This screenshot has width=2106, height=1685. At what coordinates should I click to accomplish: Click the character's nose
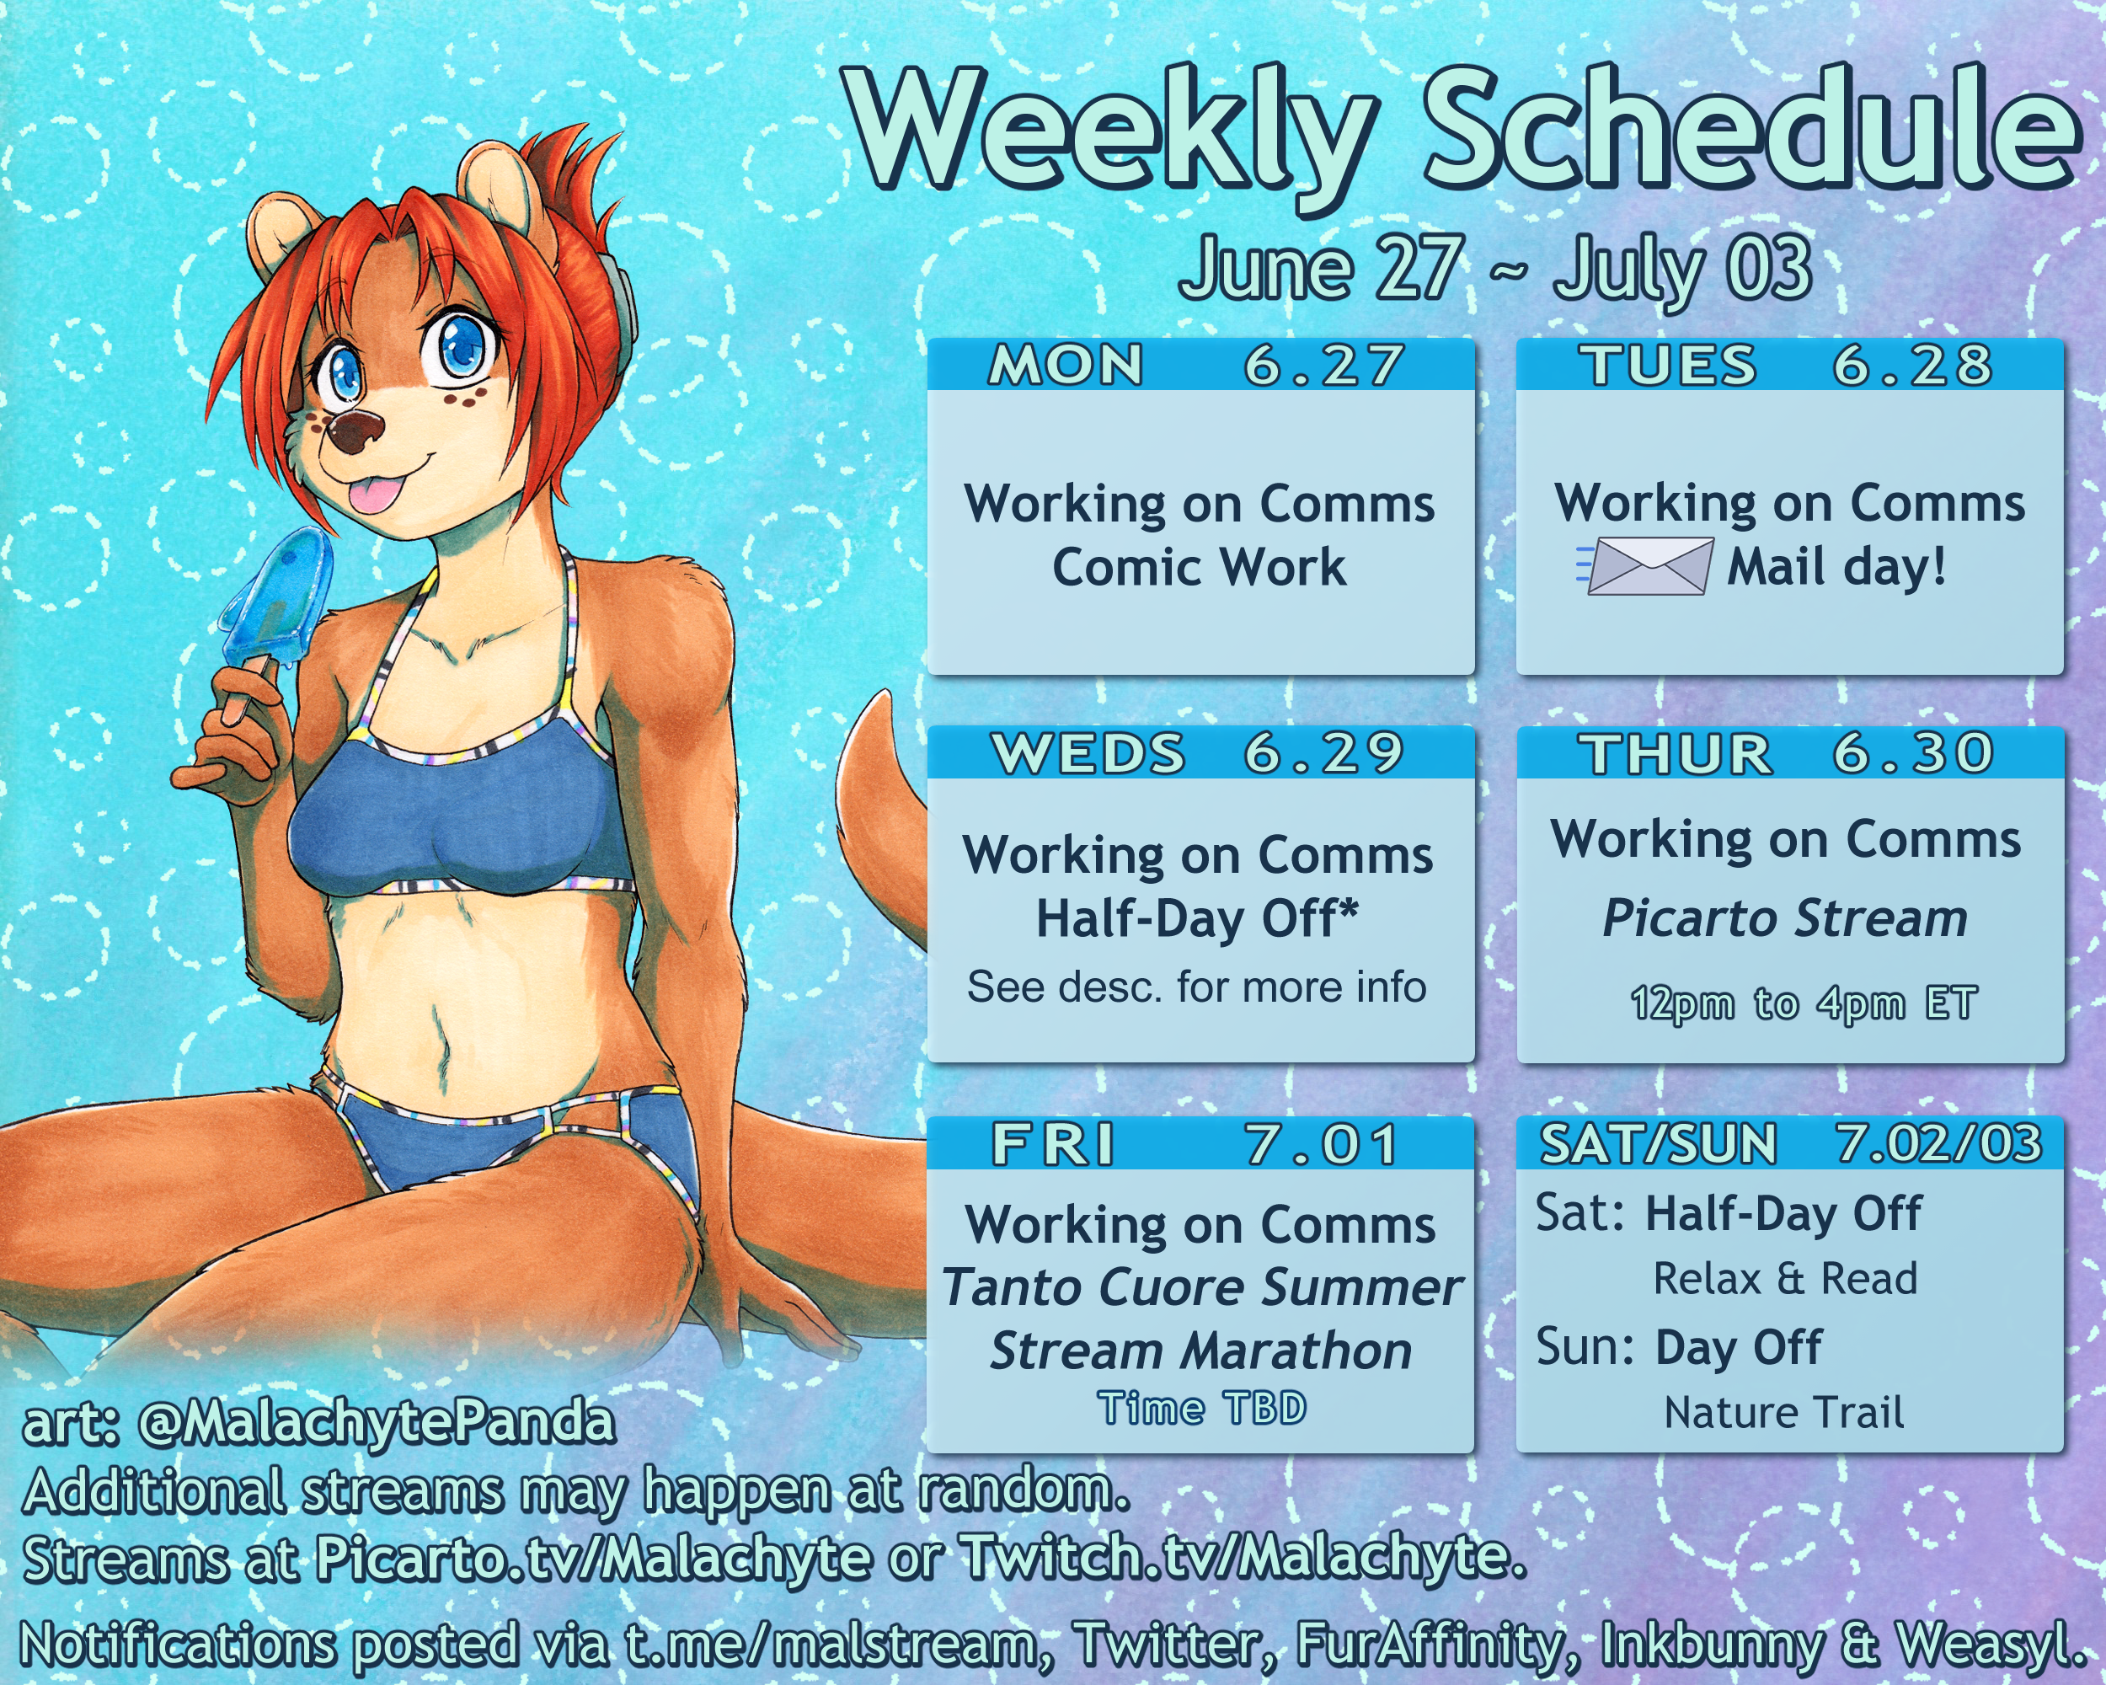(x=355, y=430)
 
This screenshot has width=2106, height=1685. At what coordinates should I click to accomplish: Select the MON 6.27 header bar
(x=1200, y=364)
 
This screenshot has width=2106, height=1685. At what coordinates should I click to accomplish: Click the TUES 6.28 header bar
(x=1789, y=364)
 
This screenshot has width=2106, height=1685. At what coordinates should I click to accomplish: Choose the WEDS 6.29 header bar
(x=1200, y=752)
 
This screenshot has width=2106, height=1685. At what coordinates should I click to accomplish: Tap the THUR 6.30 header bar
(x=1789, y=752)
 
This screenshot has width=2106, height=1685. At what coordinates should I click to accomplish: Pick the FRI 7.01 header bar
(x=1200, y=1143)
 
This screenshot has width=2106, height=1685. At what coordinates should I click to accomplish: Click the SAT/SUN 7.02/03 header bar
(x=1789, y=1143)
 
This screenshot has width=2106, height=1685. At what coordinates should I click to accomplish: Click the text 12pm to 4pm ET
(x=1804, y=1003)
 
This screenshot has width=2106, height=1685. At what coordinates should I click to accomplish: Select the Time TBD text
(x=1201, y=1408)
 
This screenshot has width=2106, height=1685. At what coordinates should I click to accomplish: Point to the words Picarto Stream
(x=1785, y=919)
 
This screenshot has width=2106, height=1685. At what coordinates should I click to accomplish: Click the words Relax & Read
(x=1785, y=1279)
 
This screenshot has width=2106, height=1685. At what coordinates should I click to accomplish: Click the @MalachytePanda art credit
(x=377, y=1423)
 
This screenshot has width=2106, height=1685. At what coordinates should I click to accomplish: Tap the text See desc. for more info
(x=1196, y=987)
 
